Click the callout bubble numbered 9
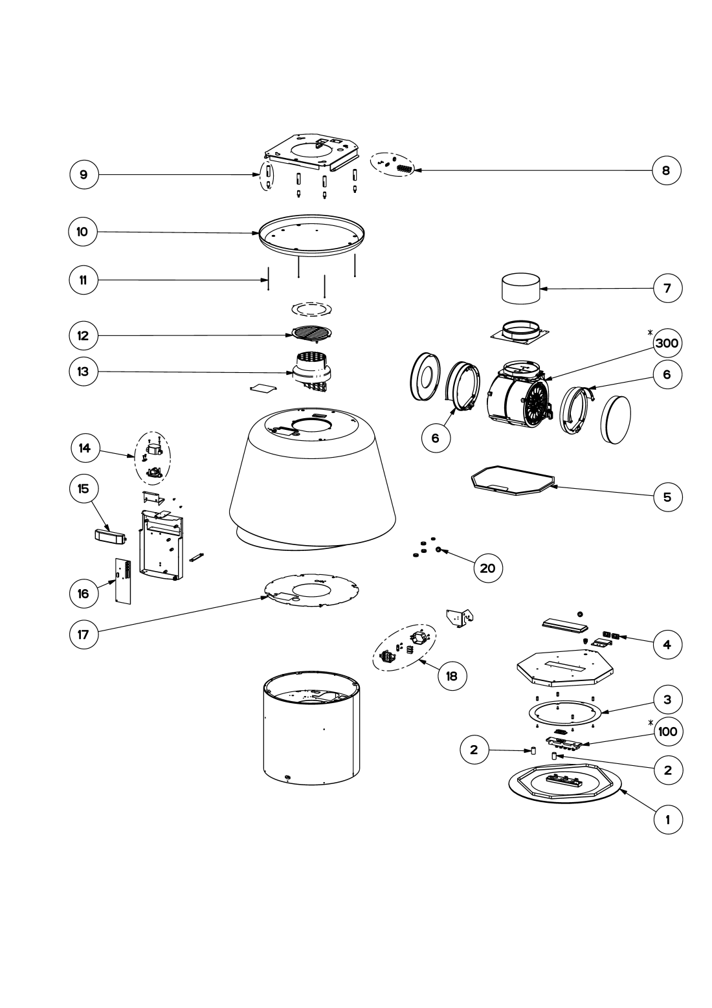[83, 174]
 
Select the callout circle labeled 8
[667, 170]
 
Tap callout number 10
[83, 232]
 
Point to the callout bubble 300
[667, 343]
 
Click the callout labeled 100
[667, 732]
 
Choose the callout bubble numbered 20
[487, 568]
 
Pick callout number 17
[83, 634]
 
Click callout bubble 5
[667, 497]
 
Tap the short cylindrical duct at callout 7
[522, 289]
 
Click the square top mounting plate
[312, 153]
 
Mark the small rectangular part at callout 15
[108, 535]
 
